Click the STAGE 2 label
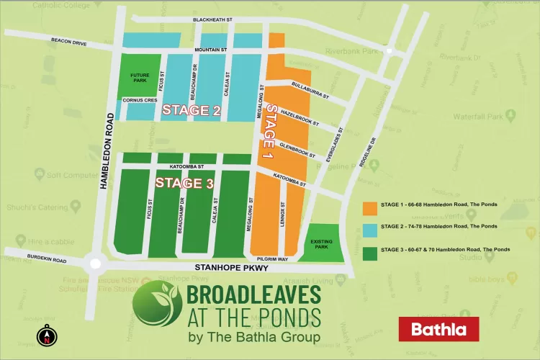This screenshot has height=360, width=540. pyautogui.click(x=191, y=110)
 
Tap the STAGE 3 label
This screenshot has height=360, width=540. pyautogui.click(x=184, y=183)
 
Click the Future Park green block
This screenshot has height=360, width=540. pyautogui.click(x=140, y=77)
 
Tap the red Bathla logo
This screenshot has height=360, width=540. pyautogui.click(x=438, y=329)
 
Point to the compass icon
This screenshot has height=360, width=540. pyautogui.click(x=47, y=336)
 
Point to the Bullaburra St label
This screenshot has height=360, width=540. pyautogui.click(x=310, y=90)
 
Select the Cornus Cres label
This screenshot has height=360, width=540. pyautogui.click(x=139, y=100)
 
